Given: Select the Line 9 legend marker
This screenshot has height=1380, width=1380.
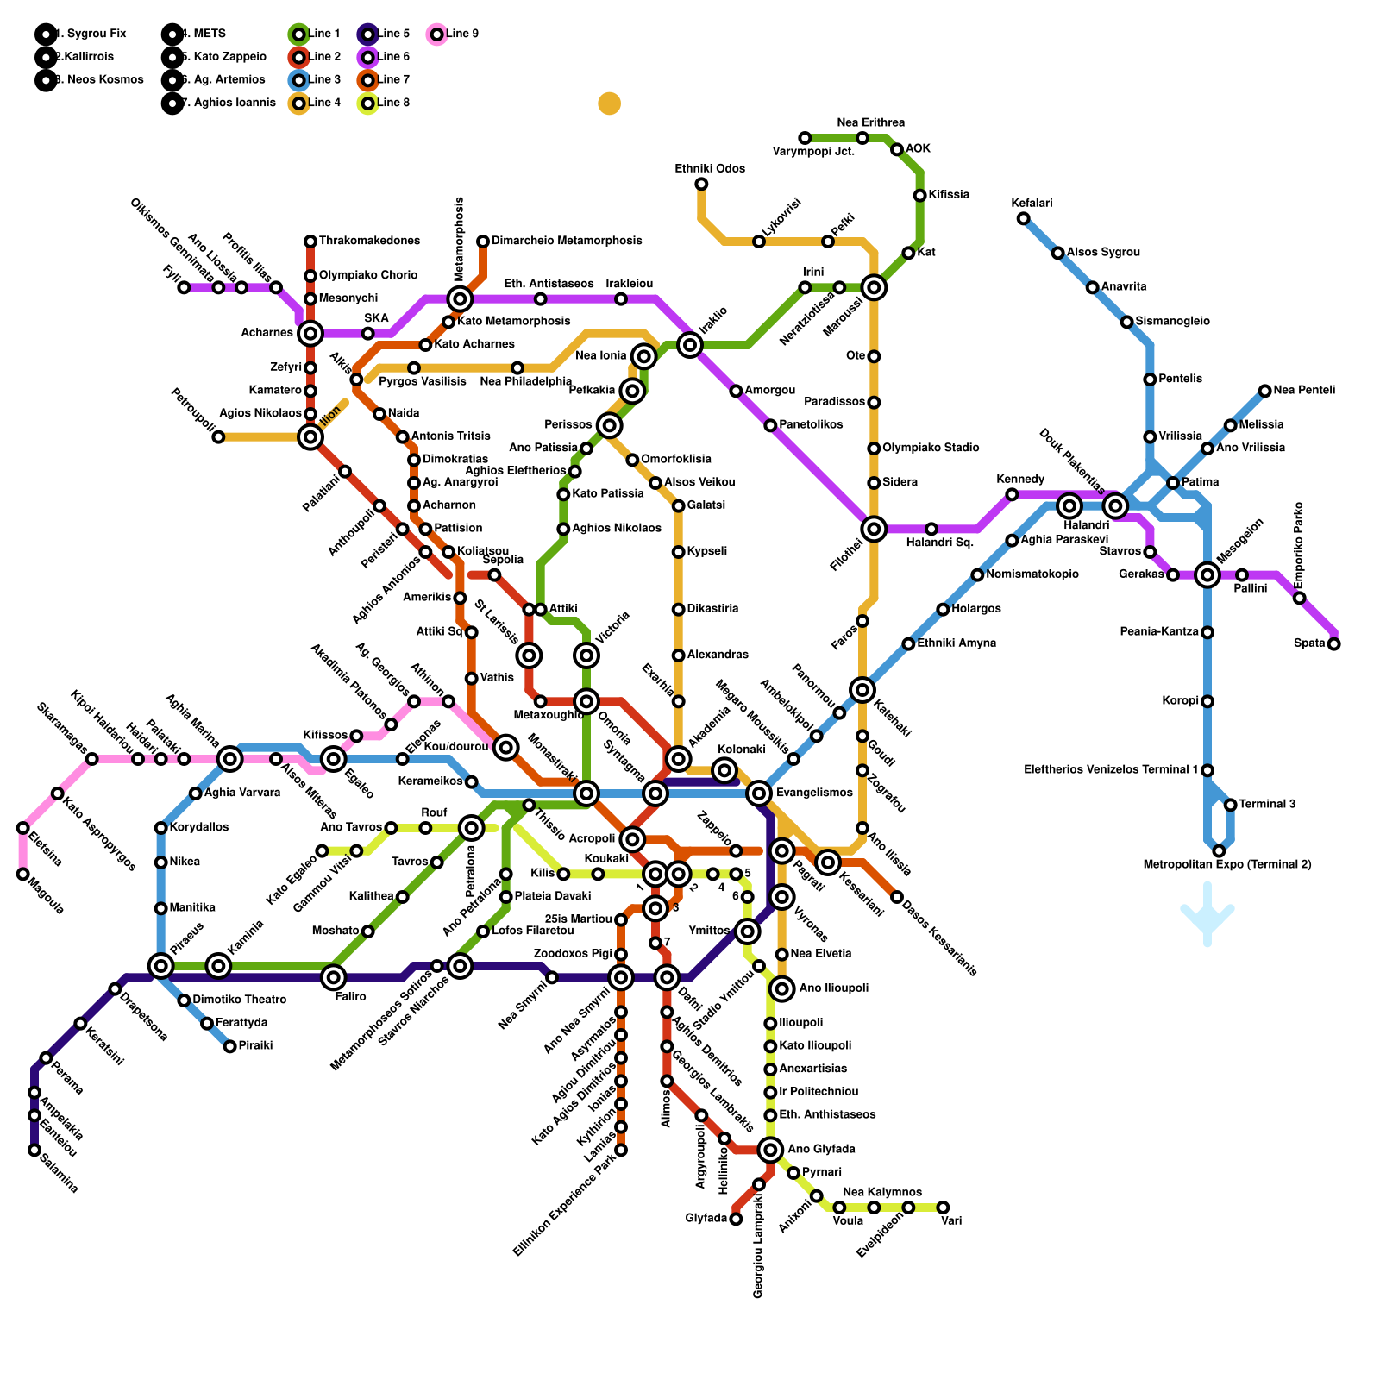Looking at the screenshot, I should [436, 34].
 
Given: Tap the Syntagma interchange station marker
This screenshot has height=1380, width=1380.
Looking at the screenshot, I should [655, 793].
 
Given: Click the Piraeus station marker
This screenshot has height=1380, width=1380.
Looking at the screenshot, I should [161, 966].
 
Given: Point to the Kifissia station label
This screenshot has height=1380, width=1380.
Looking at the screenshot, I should [949, 195].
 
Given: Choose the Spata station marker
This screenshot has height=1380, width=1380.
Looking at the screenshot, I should [1333, 643].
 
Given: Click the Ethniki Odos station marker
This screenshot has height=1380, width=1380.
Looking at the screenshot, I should [701, 184].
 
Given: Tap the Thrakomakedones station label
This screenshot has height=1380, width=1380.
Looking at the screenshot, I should [369, 241].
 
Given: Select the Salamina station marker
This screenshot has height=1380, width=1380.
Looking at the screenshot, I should [34, 1150].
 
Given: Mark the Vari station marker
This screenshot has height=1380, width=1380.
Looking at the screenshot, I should [943, 1207].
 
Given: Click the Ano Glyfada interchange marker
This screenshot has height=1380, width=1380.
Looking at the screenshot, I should [771, 1149].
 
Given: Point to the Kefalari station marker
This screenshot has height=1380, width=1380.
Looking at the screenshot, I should [1023, 218].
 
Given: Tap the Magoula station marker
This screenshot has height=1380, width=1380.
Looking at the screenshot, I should [23, 875].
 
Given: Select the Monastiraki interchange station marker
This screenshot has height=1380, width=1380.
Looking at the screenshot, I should [586, 793].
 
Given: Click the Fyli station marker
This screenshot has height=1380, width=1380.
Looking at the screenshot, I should [184, 287].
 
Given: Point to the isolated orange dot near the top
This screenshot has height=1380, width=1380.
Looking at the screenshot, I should [609, 103].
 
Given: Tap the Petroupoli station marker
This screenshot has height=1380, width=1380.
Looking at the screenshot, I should [218, 437].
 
